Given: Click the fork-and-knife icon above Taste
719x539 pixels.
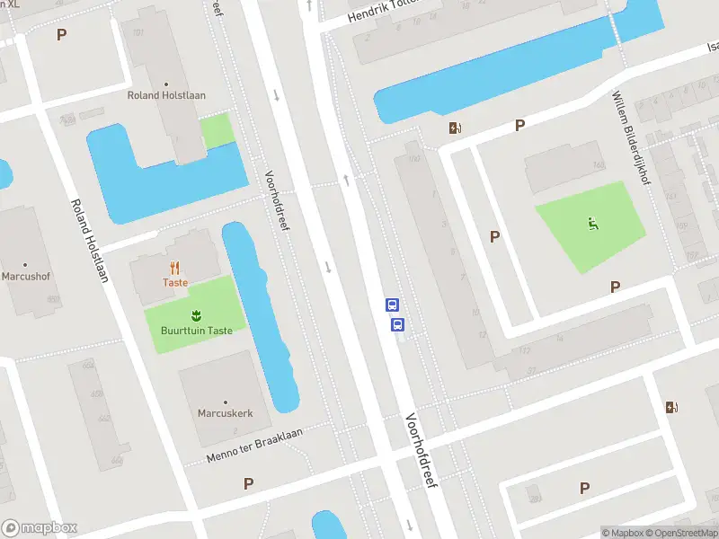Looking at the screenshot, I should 175,267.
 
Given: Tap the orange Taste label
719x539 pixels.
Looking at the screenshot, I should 175,282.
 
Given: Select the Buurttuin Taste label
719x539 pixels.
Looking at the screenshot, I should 196,331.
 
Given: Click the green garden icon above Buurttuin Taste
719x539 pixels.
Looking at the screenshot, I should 195,314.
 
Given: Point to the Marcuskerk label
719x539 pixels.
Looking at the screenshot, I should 225,413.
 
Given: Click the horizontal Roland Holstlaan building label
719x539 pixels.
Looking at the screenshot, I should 168,95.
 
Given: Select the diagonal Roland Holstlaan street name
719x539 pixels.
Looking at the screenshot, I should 89,240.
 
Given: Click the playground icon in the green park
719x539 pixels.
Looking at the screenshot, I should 592,224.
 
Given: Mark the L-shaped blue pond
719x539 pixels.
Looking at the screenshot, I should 144,175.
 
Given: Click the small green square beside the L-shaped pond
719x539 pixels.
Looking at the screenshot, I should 216,131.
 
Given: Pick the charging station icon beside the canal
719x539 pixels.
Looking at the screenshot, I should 456,128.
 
